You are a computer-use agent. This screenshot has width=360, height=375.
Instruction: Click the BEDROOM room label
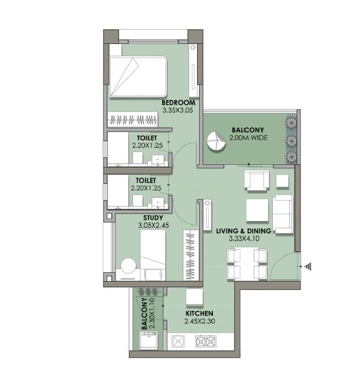click(x=178, y=103)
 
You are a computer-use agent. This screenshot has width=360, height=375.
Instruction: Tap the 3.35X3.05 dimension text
click(x=178, y=111)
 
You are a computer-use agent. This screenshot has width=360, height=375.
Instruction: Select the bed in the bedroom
click(x=138, y=77)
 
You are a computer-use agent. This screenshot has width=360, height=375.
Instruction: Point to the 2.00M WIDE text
click(x=248, y=138)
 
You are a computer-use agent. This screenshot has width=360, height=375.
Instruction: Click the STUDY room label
click(x=153, y=217)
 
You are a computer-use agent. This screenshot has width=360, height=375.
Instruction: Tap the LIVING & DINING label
click(x=244, y=231)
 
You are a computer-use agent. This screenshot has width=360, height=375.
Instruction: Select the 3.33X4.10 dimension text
click(x=244, y=239)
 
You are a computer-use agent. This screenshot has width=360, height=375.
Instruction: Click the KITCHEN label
click(x=199, y=314)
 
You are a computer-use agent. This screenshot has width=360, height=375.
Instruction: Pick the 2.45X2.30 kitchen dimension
click(x=199, y=322)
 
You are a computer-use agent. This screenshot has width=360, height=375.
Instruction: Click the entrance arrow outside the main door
click(x=310, y=267)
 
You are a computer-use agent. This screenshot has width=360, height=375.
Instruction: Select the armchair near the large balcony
click(x=257, y=181)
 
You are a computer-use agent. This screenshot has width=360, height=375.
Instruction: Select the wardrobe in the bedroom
click(x=134, y=120)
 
